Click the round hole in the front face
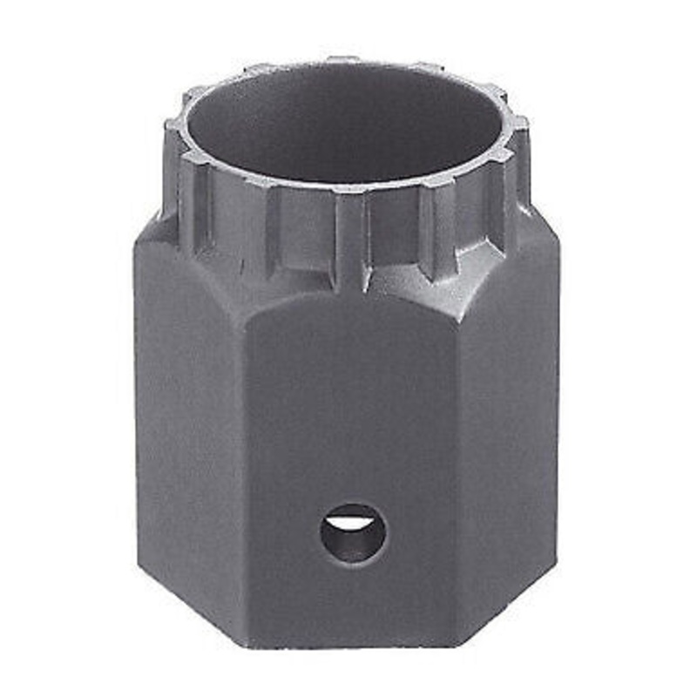pyautogui.click(x=353, y=532)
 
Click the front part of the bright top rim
pyautogui.click(x=348, y=186)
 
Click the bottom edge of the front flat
pyautogui.click(x=353, y=643)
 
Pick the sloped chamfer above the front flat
pyautogui.click(x=348, y=283)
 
